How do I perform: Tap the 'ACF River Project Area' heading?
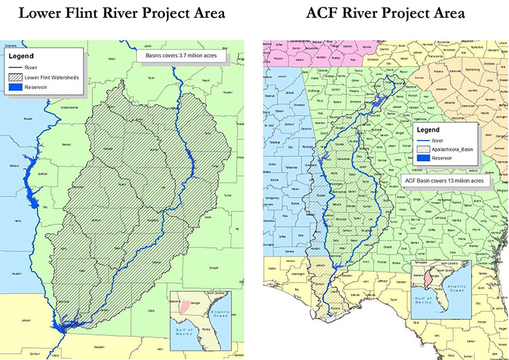tap(385, 13)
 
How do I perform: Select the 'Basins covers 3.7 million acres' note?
tap(181, 55)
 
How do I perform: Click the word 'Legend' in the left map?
tap(24, 56)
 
